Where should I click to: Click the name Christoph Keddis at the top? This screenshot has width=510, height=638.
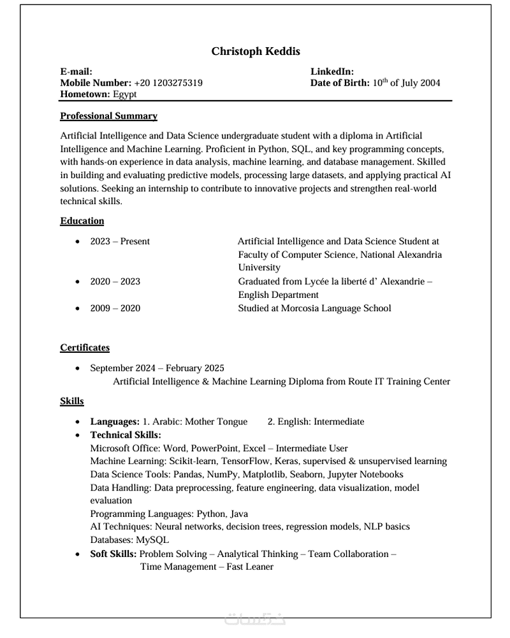coord(256,51)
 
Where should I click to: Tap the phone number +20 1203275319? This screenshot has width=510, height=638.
coord(168,83)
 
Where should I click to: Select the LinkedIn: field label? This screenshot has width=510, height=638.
coord(332,72)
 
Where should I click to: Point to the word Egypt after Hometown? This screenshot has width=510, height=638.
coord(125,94)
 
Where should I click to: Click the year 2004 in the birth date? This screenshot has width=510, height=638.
coord(428,83)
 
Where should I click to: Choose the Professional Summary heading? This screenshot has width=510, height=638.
coord(108,116)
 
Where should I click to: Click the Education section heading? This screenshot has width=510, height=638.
coord(82,221)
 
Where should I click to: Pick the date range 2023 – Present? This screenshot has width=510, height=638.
coord(120,242)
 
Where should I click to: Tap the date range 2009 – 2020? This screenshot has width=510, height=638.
coord(115,309)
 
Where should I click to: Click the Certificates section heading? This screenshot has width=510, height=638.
coord(85,348)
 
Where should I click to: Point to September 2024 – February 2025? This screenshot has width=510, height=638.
coord(157,368)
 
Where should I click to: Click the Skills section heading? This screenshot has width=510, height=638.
coord(72,401)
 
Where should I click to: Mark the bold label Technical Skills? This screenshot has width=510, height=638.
coord(126,435)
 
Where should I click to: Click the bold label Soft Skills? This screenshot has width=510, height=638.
coord(113,554)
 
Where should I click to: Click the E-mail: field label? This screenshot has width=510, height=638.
coord(76,72)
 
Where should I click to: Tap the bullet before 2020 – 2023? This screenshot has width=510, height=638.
coord(77,282)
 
